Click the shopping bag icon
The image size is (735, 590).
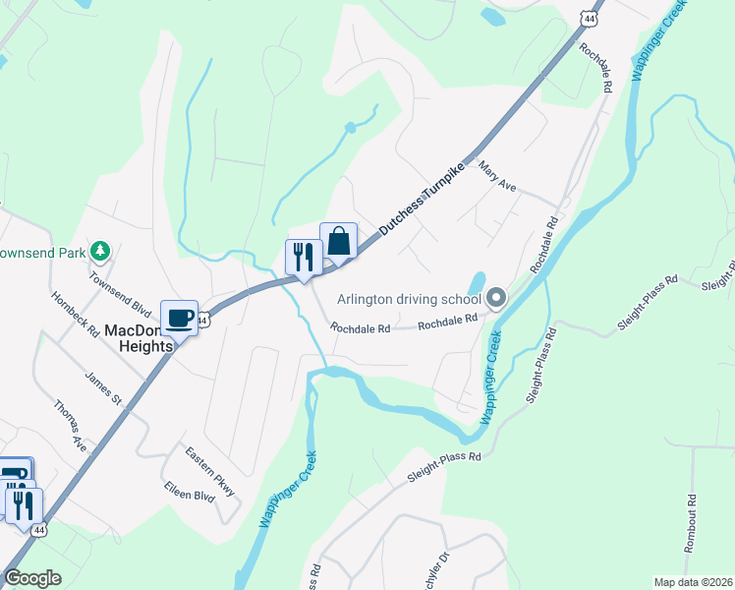(x=338, y=241)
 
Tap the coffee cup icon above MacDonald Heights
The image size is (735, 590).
(x=179, y=318)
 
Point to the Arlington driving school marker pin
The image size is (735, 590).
(x=495, y=297)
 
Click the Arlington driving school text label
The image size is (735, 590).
(x=408, y=298)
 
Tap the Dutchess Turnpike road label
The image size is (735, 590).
(x=422, y=198)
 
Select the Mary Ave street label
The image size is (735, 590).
(x=497, y=178)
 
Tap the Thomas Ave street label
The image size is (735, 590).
(x=71, y=424)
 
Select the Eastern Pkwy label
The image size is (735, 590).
(x=211, y=471)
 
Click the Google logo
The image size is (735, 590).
(x=32, y=577)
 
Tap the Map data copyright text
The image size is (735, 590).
(x=693, y=582)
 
